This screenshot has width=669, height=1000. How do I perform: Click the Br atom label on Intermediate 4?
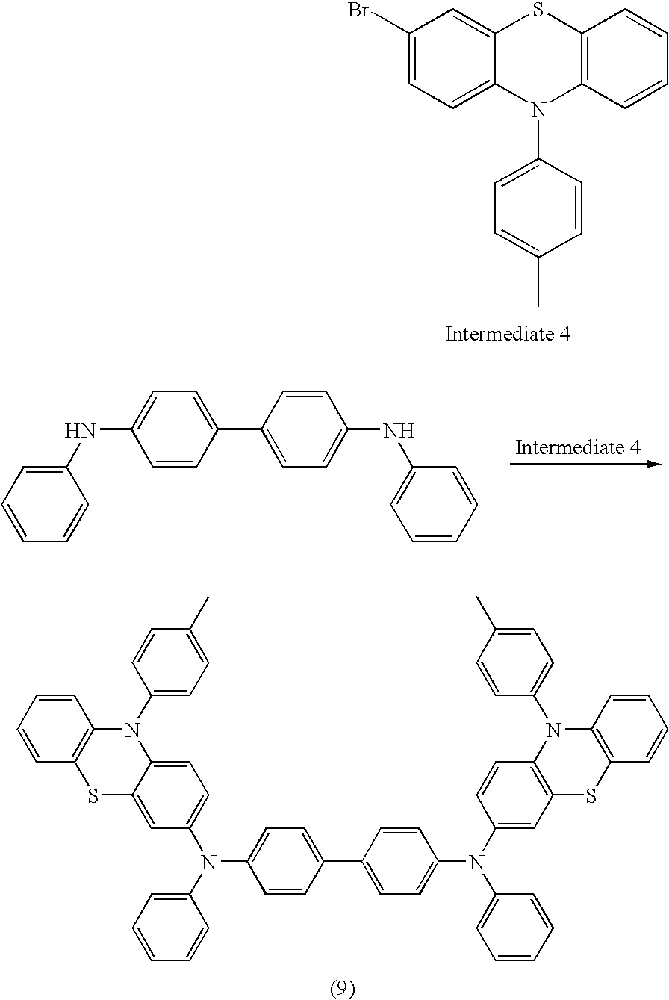click(x=358, y=10)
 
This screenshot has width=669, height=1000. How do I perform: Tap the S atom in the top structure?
click(x=538, y=10)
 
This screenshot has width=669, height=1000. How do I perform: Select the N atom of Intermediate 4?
click(x=539, y=109)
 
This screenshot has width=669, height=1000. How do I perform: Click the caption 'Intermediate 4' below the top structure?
click(x=508, y=334)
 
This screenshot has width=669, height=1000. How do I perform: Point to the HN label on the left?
click(x=81, y=431)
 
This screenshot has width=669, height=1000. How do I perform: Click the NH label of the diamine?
click(x=399, y=431)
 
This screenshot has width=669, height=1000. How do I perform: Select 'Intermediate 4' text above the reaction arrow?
click(x=578, y=447)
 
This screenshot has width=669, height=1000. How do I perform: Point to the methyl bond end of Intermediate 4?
click(x=538, y=306)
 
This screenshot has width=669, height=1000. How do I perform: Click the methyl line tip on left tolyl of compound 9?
click(x=208, y=597)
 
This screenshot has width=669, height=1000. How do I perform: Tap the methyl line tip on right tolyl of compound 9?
click(x=477, y=597)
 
